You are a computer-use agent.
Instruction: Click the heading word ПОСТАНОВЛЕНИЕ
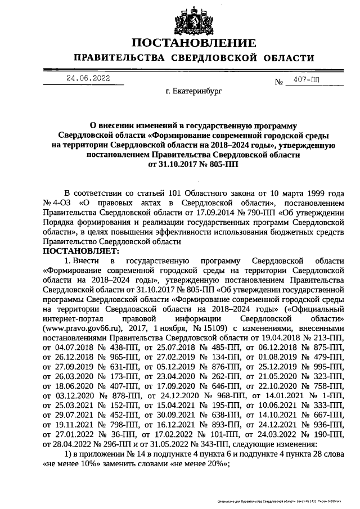point(194,43)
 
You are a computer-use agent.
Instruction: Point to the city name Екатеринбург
point(194,90)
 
